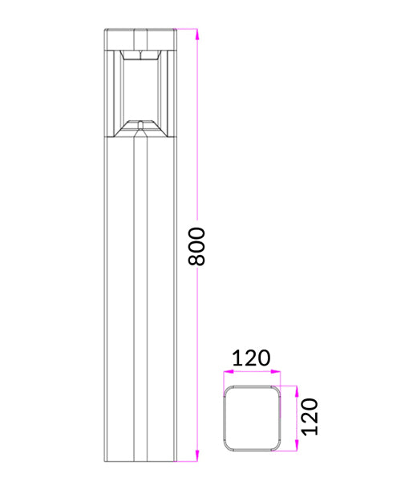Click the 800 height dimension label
tap(199, 246)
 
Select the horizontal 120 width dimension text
tap(251, 358)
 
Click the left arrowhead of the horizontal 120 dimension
tap(226, 372)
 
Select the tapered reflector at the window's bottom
tap(140, 127)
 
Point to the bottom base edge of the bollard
tap(140, 461)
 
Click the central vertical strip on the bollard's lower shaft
tap(140, 305)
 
